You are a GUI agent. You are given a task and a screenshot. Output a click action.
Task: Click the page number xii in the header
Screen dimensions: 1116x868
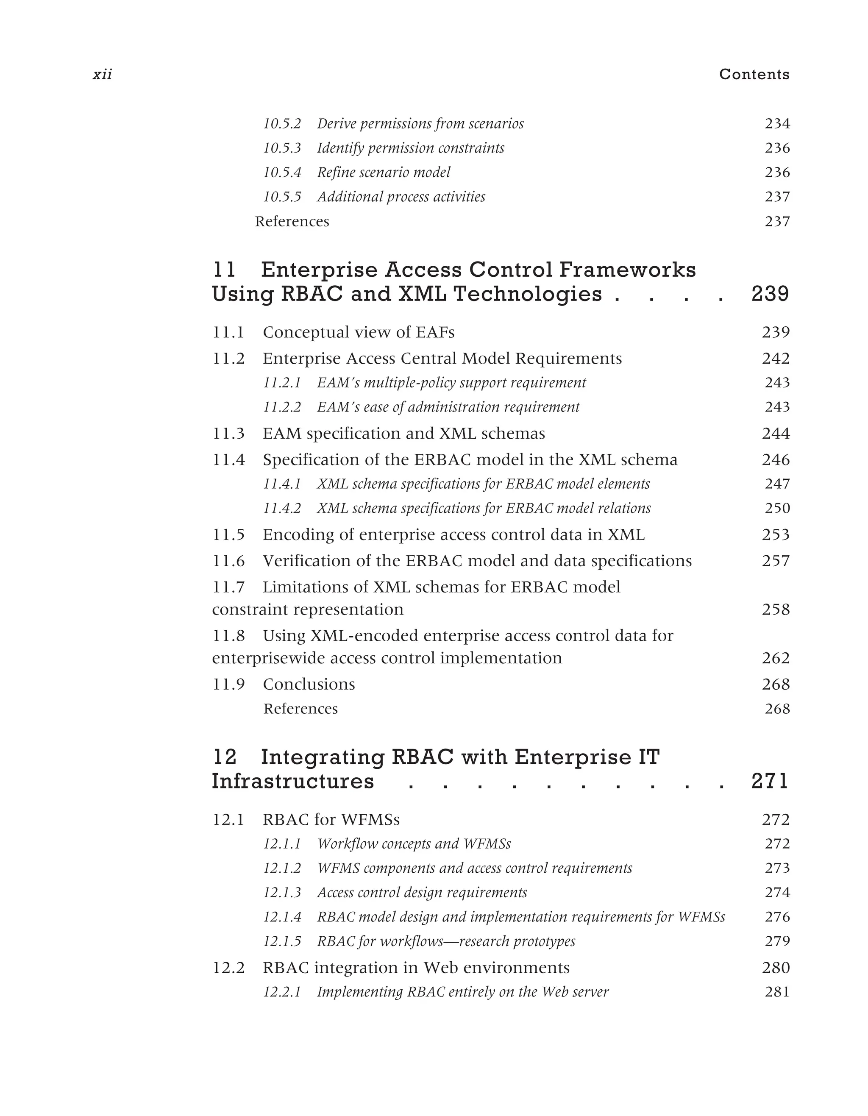coord(102,75)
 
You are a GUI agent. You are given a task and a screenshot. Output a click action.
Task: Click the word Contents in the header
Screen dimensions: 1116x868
coord(754,75)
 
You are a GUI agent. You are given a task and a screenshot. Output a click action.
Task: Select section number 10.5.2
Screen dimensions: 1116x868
coord(282,124)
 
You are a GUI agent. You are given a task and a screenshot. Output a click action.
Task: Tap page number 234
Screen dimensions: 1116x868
coord(777,124)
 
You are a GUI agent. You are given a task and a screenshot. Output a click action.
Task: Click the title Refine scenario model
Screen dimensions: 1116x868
coord(384,172)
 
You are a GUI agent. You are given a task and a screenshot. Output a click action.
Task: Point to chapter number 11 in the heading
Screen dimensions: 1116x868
coord(224,270)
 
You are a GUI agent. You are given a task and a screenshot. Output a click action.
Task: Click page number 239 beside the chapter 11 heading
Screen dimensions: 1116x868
coord(771,294)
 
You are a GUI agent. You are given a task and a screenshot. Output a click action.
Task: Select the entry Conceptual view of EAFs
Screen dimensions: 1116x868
coord(358,332)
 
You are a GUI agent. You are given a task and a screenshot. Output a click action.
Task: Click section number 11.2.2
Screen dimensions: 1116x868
coord(282,407)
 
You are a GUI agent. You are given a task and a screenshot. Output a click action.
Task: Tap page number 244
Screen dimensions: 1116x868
coord(776,433)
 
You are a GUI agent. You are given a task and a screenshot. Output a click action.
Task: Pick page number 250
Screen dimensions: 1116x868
coord(777,509)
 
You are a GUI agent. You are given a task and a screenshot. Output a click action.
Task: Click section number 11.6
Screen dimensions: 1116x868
coord(228,561)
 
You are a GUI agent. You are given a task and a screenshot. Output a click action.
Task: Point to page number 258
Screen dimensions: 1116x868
coord(776,609)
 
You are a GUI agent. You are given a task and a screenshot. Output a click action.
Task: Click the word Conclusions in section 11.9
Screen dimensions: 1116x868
coord(309,684)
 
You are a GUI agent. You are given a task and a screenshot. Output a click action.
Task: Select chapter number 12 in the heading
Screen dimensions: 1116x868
coord(224,757)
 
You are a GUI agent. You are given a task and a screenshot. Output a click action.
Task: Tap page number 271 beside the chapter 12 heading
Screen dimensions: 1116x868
coord(771,781)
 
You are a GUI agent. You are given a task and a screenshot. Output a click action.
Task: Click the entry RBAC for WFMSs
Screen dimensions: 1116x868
coord(331,820)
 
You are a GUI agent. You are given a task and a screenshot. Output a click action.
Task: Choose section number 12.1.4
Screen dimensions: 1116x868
coord(282,917)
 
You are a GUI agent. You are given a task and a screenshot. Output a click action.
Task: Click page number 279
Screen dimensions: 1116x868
coord(777,941)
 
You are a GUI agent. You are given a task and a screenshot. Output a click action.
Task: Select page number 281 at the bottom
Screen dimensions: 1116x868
coord(777,992)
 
